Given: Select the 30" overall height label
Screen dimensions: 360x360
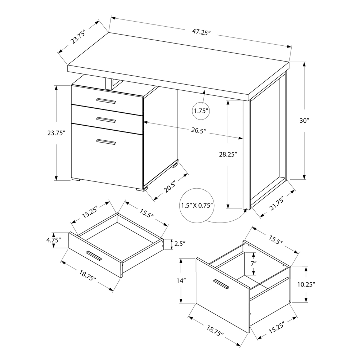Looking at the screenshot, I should click(x=305, y=121).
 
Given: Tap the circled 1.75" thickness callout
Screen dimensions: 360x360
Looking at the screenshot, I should click(x=201, y=111).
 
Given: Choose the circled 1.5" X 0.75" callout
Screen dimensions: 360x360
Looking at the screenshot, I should click(x=197, y=205).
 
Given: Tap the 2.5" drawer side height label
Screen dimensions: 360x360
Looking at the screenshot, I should click(x=179, y=244).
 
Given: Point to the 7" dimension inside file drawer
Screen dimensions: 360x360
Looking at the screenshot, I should click(x=254, y=263).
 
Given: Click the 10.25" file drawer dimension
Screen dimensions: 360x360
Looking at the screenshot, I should click(x=306, y=284).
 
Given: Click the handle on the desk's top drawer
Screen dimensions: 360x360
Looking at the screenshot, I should click(x=106, y=100).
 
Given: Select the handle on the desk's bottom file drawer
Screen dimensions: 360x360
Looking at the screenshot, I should click(x=106, y=142).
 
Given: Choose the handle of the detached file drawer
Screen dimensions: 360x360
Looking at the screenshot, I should click(x=221, y=284).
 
